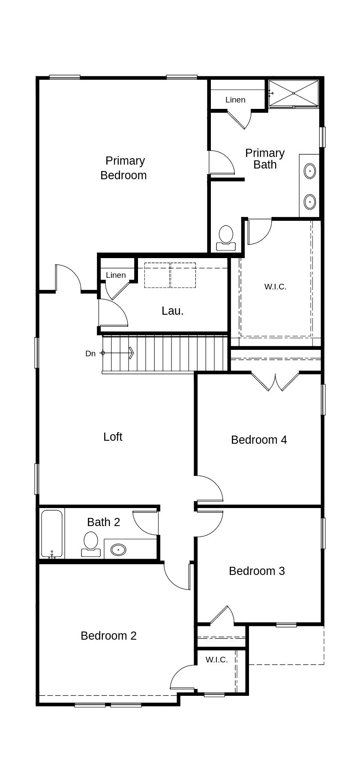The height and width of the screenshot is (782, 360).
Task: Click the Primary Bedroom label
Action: [123, 168]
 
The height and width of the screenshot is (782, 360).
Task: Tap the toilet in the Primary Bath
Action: [226, 238]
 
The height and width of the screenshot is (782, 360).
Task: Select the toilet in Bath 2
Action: [91, 544]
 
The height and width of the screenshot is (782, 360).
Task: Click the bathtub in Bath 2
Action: [52, 534]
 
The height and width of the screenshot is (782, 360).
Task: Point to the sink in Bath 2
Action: [118, 549]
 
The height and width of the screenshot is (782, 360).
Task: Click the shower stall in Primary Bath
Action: [294, 93]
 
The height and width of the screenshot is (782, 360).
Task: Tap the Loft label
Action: [113, 436]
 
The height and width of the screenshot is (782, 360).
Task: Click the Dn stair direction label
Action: [90, 354]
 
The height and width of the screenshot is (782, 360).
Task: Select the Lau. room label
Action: [173, 311]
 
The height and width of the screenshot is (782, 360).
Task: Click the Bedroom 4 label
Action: [259, 440]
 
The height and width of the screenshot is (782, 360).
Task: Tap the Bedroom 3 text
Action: [257, 571]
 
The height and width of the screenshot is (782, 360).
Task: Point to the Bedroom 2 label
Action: [108, 636]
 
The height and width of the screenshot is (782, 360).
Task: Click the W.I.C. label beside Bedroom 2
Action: [216, 660]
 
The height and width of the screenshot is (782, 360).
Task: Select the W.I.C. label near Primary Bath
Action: [275, 287]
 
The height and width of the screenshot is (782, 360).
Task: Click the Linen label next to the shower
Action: [235, 100]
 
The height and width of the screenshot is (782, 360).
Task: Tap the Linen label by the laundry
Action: [116, 275]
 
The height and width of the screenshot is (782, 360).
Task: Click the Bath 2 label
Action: [103, 522]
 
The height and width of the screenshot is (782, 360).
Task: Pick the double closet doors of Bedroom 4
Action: [275, 382]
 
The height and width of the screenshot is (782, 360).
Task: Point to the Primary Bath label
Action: [265, 159]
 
